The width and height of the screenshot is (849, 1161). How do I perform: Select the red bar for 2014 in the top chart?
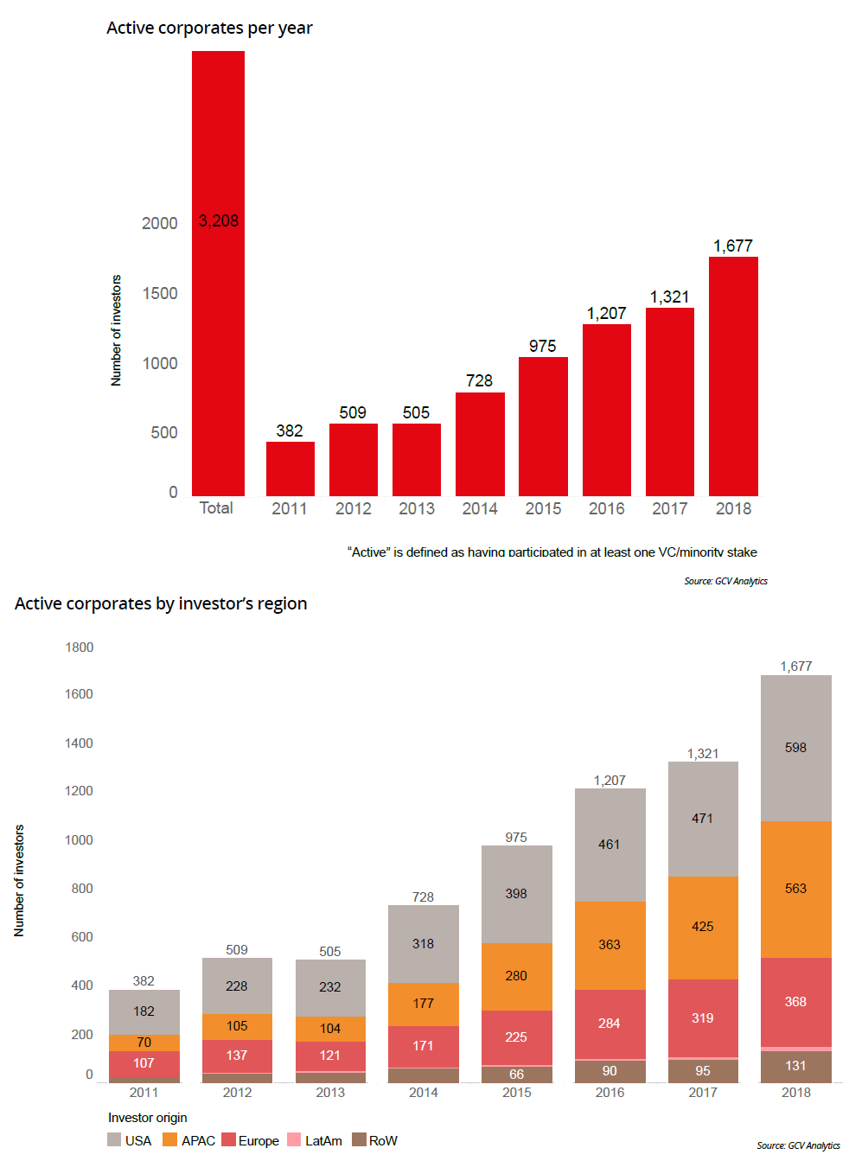(480, 444)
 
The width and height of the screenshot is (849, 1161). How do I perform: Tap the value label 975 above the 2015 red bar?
(543, 346)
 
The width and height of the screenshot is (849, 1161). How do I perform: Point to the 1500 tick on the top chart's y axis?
(160, 293)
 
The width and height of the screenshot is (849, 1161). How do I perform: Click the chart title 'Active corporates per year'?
(209, 28)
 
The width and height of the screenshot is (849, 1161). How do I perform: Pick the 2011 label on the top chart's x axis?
(290, 508)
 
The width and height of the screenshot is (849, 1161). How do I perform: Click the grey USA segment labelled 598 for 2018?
(795, 748)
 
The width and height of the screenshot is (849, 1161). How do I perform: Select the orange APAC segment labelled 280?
(516, 976)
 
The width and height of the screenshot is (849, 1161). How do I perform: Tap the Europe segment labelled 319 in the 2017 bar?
(703, 1017)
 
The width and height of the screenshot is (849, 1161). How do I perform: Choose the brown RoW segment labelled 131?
(795, 1066)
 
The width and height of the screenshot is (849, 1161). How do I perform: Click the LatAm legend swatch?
(294, 1140)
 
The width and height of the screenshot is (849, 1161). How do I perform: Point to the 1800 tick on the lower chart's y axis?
(80, 647)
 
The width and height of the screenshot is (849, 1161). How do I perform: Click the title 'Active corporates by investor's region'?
(161, 603)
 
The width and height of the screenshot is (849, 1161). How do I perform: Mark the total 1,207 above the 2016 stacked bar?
(610, 780)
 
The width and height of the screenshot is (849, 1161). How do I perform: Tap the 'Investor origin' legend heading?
(147, 1118)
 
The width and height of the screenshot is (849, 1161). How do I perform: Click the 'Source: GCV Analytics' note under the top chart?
(725, 581)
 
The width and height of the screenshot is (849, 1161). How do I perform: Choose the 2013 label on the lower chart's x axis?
(330, 1093)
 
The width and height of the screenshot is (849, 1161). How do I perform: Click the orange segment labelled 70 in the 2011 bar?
(144, 1043)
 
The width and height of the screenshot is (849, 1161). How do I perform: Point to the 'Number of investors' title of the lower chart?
(19, 880)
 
